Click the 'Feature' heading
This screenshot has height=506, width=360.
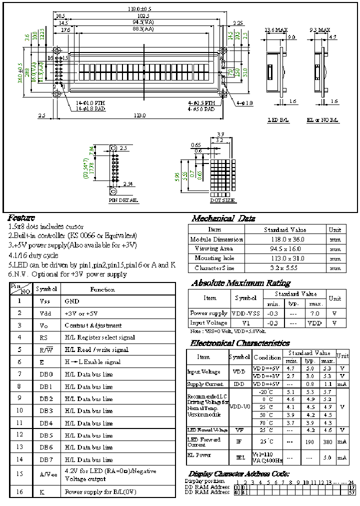21,218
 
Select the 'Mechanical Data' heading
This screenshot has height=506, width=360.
223,218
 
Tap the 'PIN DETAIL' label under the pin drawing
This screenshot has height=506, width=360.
123,200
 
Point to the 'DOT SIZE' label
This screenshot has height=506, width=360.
222,200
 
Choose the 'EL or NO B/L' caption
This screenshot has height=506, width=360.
322,120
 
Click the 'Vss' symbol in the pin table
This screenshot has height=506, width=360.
44,301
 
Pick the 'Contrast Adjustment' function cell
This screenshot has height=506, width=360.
93,325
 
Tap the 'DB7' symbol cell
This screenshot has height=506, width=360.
46,459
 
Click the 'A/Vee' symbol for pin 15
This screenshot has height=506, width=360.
46,474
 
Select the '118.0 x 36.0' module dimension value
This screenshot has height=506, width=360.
283,239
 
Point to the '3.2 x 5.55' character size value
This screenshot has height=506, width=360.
283,268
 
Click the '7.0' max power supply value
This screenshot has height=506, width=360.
315,313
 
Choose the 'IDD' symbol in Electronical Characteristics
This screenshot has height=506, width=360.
239,384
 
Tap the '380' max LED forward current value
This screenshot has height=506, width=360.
327,442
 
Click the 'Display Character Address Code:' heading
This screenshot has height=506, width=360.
239,473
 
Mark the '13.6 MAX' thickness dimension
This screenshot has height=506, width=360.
276,30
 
